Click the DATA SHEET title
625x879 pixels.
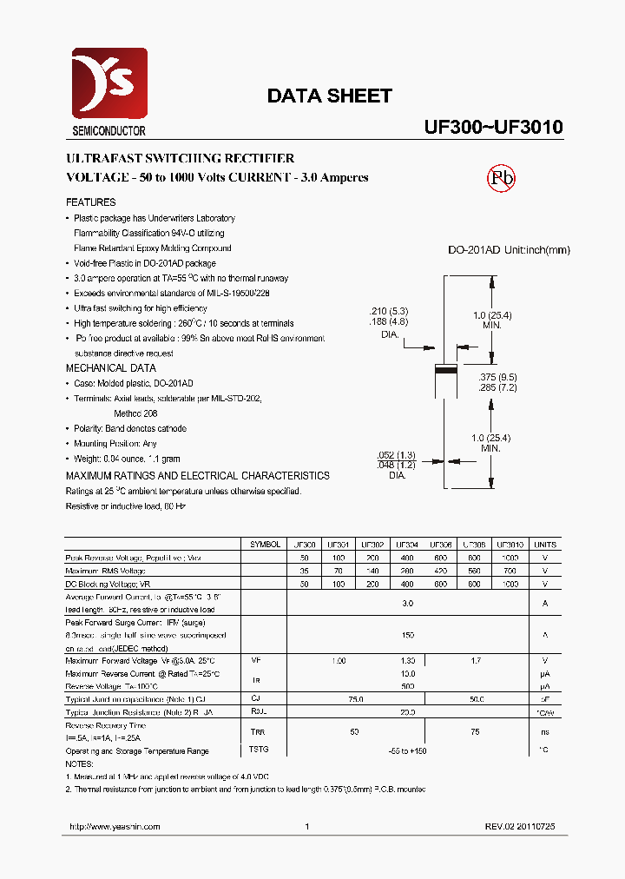329,96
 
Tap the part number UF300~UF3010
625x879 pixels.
493,127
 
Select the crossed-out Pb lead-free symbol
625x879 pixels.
501,178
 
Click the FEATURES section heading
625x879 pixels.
90,202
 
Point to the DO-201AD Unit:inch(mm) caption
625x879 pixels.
509,250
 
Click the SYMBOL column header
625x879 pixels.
265,545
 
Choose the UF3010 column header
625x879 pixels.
510,545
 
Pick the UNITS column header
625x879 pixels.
545,545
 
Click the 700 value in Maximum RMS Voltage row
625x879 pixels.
510,572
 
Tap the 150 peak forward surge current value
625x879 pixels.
407,635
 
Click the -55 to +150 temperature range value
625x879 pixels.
407,750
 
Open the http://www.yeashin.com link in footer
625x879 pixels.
113,827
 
